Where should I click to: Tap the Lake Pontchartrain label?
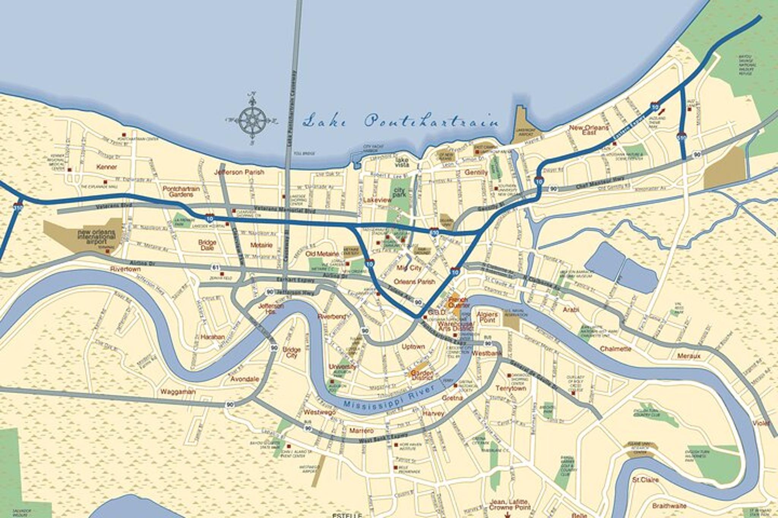coord(401,121)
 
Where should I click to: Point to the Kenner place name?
coord(107,167)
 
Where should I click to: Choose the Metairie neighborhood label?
coord(261,245)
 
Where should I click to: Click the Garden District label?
coord(422,375)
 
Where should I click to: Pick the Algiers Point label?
coord(487,317)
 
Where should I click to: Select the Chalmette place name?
coord(615,349)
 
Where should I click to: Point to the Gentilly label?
coord(476,172)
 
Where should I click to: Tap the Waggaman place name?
coord(178,392)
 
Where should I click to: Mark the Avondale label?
coord(245,379)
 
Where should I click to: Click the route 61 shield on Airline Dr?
coord(215,268)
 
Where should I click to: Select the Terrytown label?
coord(511,388)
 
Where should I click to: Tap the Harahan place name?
coord(212,337)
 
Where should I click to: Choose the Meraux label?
coord(689,356)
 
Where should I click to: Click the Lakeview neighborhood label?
coord(377,200)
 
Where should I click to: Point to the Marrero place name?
coord(361,430)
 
